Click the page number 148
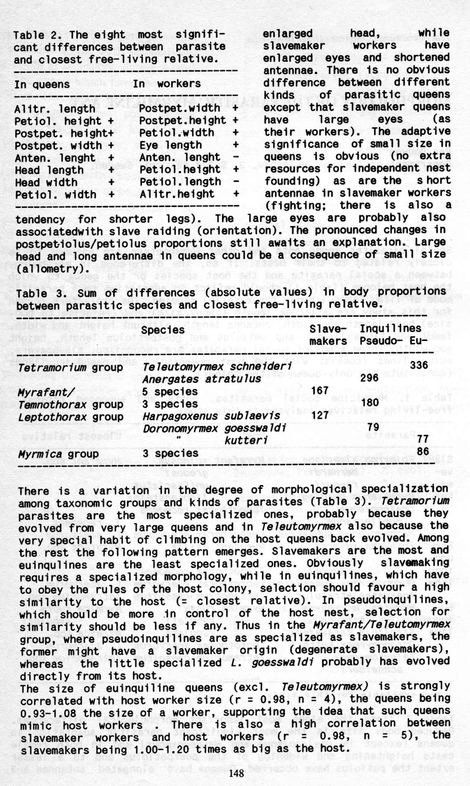[x=236, y=774]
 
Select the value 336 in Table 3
[x=419, y=365]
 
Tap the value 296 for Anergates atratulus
[x=369, y=378]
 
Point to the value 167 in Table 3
[x=320, y=390]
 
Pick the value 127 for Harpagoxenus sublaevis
[x=320, y=415]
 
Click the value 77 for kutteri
[x=423, y=439]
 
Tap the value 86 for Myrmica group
[x=423, y=451]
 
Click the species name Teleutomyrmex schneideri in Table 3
[x=217, y=367]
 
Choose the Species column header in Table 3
[x=163, y=330]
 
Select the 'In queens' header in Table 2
[x=42, y=84]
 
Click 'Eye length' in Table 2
[x=171, y=145]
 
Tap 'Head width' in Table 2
[x=46, y=182]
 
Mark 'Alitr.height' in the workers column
[x=177, y=194]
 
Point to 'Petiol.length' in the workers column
[x=180, y=181]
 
